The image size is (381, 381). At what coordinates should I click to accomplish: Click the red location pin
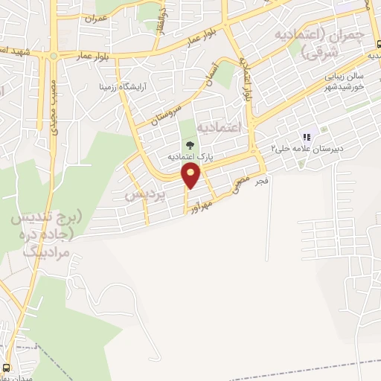[191, 176]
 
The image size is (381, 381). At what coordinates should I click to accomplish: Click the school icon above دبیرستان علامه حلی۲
[305, 138]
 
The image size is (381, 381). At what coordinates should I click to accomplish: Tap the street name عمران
[97, 16]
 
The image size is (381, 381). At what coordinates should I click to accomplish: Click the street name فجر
[261, 182]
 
